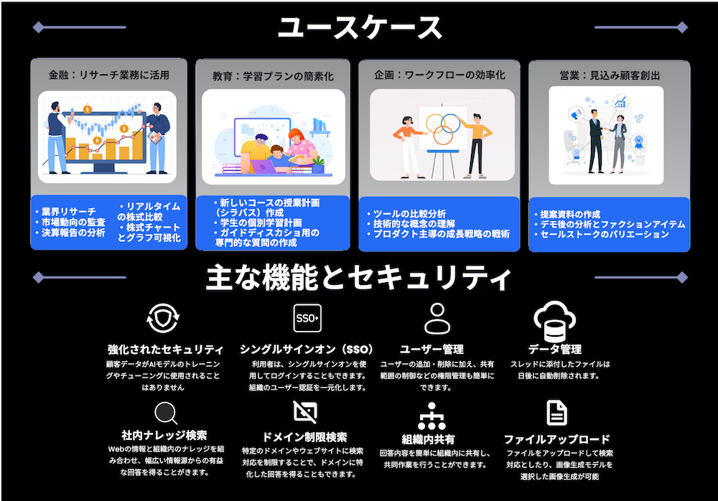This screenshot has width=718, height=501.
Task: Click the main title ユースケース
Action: point(360,27)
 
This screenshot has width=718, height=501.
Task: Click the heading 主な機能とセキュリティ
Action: point(358,278)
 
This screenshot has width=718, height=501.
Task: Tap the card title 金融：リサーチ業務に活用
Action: point(109,75)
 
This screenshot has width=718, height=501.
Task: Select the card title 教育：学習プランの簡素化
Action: point(273,76)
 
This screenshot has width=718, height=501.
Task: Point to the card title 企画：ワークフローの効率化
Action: point(439,75)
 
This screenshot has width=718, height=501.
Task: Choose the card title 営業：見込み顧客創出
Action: point(610,75)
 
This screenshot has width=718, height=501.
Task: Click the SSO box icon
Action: point(307,318)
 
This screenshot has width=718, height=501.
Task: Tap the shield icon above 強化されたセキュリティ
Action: point(163,318)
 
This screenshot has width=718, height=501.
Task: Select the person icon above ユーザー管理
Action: point(437,318)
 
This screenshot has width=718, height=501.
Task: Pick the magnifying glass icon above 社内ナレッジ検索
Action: point(166,413)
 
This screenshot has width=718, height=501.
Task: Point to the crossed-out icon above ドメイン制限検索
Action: point(305,412)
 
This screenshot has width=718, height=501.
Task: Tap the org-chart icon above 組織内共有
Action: point(432,416)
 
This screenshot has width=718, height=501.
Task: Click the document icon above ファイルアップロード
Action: point(557,413)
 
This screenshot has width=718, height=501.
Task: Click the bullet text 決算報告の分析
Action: point(73,233)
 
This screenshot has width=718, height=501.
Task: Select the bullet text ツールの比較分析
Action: point(409,214)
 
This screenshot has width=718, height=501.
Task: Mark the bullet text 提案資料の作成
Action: point(570,215)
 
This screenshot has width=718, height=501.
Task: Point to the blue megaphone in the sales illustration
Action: point(576,113)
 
